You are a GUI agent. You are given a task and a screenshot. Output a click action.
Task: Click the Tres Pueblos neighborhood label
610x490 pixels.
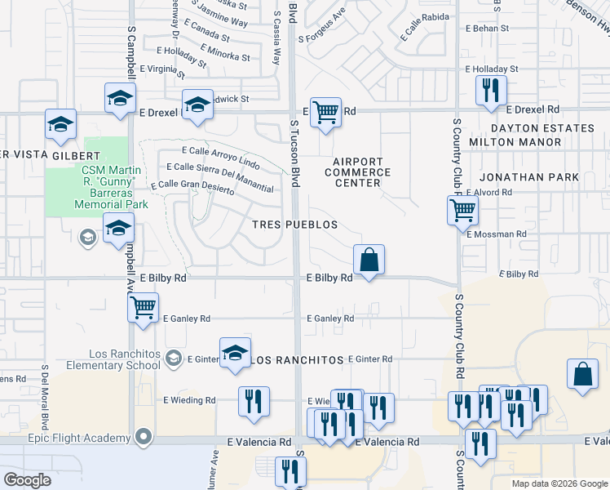coord(294,225)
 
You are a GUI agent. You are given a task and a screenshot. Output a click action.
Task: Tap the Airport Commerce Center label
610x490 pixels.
coord(358,172)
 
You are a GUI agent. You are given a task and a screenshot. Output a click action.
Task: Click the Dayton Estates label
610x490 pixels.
coord(542,128)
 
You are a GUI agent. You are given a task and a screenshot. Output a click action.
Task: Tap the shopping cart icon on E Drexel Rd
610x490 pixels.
coord(325,112)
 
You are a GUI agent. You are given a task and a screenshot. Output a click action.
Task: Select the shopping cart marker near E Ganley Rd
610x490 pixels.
coord(143,308)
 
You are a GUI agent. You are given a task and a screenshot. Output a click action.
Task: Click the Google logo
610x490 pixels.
coord(28,480)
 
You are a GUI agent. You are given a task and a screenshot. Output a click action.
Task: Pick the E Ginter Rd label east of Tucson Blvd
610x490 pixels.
coord(369,359)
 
